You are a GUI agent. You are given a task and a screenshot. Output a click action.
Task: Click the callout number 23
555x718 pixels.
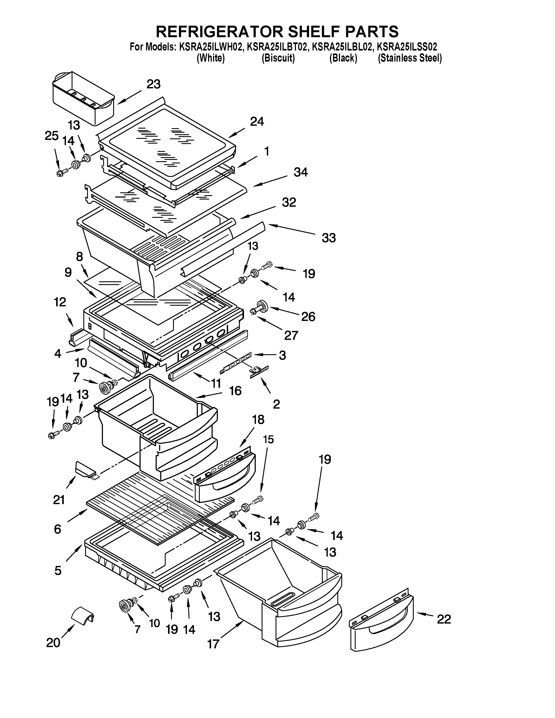pos(153,84)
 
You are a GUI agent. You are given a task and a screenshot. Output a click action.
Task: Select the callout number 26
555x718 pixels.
pos(308,317)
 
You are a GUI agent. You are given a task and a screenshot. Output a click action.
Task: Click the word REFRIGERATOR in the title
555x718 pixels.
pos(219,32)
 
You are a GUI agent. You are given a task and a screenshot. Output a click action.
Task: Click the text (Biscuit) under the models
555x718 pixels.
pos(278,58)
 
